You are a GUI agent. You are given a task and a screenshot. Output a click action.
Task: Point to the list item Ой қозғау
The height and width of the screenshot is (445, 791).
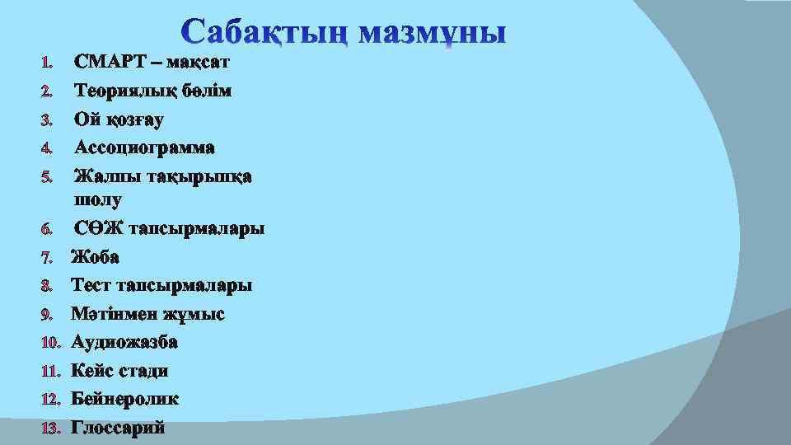[119, 119]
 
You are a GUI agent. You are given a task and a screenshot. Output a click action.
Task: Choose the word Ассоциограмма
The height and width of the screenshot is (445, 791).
[144, 148]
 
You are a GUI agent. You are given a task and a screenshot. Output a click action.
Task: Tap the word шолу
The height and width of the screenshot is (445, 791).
[98, 199]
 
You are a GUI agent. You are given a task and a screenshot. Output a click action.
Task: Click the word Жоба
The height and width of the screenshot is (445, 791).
[95, 257]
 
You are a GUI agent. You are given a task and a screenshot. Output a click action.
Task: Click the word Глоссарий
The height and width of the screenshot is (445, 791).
[119, 428]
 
